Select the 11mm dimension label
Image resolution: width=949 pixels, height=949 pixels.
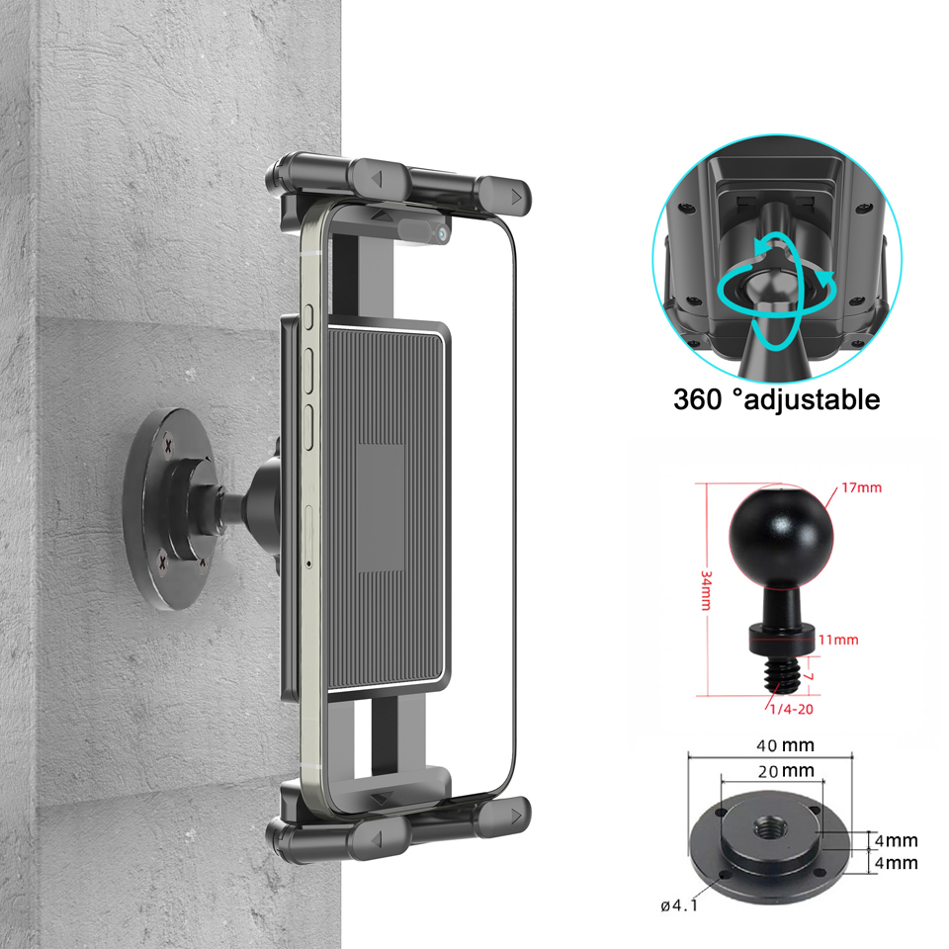click(x=839, y=640)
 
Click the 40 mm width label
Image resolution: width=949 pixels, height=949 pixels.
click(x=784, y=745)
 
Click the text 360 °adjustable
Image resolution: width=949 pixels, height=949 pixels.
click(x=776, y=399)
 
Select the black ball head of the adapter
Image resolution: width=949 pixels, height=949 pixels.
click(x=777, y=535)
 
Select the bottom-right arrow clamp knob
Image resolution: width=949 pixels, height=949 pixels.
click(x=507, y=817)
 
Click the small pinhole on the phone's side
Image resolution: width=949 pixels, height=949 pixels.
click(x=308, y=564)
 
